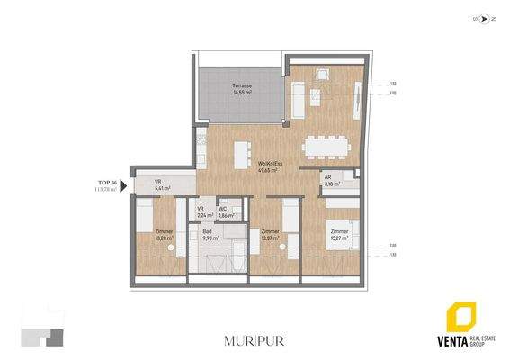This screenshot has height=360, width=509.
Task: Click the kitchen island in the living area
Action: coord(240,153)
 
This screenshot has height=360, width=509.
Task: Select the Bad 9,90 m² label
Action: coord(208,234)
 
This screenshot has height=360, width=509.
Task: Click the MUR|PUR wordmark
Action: coord(254,340)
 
